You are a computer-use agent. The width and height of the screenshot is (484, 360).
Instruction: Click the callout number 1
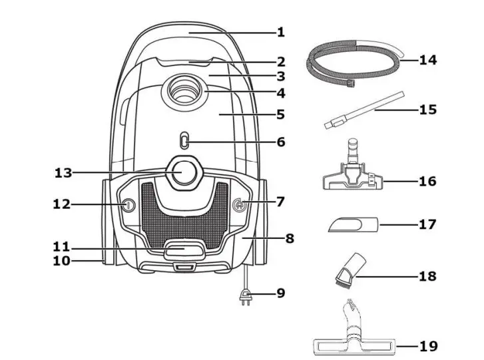280,31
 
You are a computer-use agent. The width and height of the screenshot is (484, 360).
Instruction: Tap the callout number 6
280,142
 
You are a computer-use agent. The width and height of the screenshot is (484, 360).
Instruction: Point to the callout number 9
280,293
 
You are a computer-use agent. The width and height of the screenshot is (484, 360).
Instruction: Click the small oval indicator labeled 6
184,141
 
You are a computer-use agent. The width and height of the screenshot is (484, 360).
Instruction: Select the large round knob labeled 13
182,172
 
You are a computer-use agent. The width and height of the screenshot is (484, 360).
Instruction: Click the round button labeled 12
127,205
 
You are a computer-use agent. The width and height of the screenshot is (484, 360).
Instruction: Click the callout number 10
62,262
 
